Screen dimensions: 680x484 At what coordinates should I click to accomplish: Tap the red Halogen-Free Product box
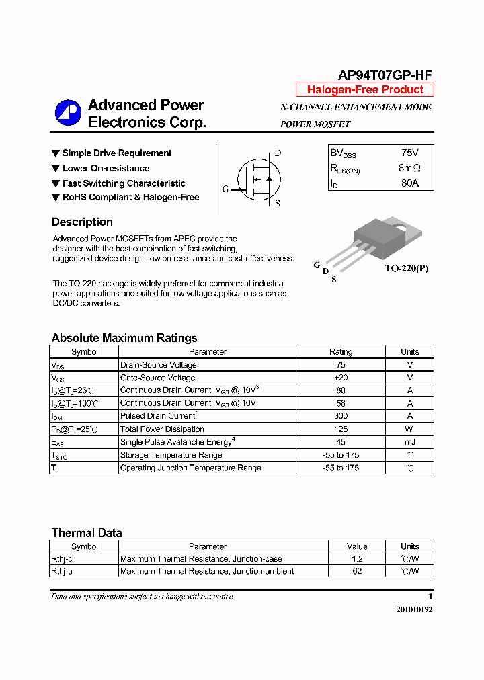pos(365,90)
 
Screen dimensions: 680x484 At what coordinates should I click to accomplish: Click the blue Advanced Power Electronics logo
pos(68,113)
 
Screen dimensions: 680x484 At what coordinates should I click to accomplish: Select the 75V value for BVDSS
pos(409,153)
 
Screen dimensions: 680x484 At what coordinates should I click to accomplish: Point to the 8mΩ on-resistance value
pos(409,168)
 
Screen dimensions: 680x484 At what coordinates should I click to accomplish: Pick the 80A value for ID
pos(409,183)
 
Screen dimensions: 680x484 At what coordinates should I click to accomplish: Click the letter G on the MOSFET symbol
pos(226,189)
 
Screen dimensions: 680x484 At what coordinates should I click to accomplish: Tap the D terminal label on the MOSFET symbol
pos(278,153)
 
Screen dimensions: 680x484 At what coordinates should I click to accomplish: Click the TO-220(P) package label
pos(406,269)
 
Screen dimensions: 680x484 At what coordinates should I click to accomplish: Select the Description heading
pos(82,222)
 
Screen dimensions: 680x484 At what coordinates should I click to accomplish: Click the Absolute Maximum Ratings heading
pos(124,338)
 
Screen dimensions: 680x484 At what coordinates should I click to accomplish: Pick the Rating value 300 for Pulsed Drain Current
pos(340,417)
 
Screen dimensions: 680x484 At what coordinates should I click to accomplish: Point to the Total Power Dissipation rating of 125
pos(340,429)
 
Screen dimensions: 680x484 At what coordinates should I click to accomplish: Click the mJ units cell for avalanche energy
pos(409,442)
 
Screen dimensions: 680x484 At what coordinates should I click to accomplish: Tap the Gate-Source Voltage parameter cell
pos(157,378)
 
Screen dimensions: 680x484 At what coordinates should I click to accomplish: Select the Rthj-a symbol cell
pos(62,572)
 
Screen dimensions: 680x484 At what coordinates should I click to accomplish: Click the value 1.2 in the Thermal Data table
pos(357,559)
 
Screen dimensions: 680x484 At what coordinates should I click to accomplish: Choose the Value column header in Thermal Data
pos(357,546)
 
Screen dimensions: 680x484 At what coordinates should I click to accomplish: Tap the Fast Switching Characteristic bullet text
pos(124,183)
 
